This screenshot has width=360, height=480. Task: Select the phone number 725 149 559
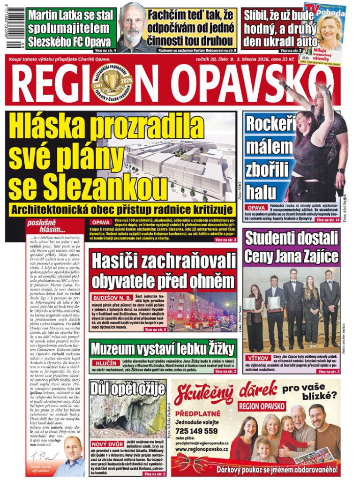(x=196, y=431)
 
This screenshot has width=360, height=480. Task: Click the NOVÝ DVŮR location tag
(x=106, y=443)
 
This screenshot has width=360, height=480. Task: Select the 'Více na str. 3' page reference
(x=225, y=240)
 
